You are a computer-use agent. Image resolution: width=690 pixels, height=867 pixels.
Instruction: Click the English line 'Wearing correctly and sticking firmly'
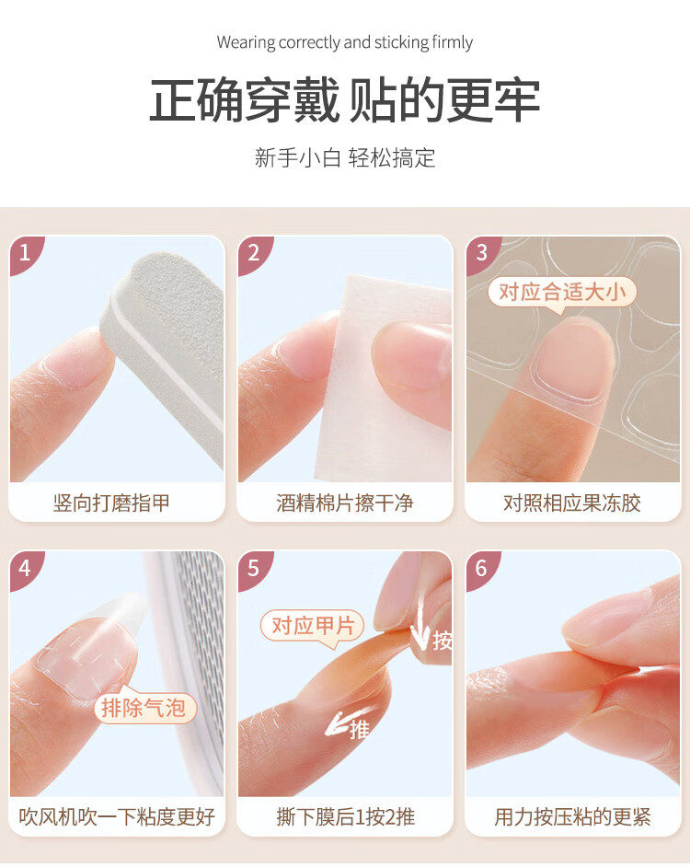point(344,42)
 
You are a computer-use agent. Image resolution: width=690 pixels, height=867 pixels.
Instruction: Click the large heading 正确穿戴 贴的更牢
point(344,100)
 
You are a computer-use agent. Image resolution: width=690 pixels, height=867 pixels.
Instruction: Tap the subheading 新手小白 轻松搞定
point(344,157)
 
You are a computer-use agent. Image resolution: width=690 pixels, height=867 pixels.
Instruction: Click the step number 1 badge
point(26,254)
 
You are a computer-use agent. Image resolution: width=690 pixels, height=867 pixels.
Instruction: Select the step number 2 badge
point(254,254)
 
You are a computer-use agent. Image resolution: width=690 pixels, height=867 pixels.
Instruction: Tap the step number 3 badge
point(482,254)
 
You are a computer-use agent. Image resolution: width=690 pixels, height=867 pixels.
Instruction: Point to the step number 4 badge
point(26,569)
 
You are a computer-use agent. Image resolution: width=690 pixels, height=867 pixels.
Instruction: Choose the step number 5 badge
point(254,569)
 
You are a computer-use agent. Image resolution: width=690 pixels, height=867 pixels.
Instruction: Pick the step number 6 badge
point(482,569)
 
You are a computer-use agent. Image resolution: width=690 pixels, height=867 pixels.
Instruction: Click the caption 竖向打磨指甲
point(111,503)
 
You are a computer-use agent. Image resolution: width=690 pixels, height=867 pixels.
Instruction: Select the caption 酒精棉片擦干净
point(344,503)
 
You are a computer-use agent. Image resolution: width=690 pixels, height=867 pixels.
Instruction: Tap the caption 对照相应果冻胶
point(572,503)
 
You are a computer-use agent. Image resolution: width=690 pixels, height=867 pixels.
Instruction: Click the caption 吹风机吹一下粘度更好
point(117,816)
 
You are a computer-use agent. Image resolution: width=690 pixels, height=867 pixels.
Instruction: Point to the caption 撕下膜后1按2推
point(346,816)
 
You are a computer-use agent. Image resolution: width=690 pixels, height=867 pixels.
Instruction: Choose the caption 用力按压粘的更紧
point(573,816)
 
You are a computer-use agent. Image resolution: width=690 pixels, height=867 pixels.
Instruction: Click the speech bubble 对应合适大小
point(562,293)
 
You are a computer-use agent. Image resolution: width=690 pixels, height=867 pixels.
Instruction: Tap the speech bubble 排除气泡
point(144,706)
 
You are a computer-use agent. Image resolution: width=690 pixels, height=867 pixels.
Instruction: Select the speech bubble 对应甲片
point(313,627)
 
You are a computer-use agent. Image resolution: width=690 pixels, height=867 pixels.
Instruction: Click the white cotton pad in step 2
point(382,376)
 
